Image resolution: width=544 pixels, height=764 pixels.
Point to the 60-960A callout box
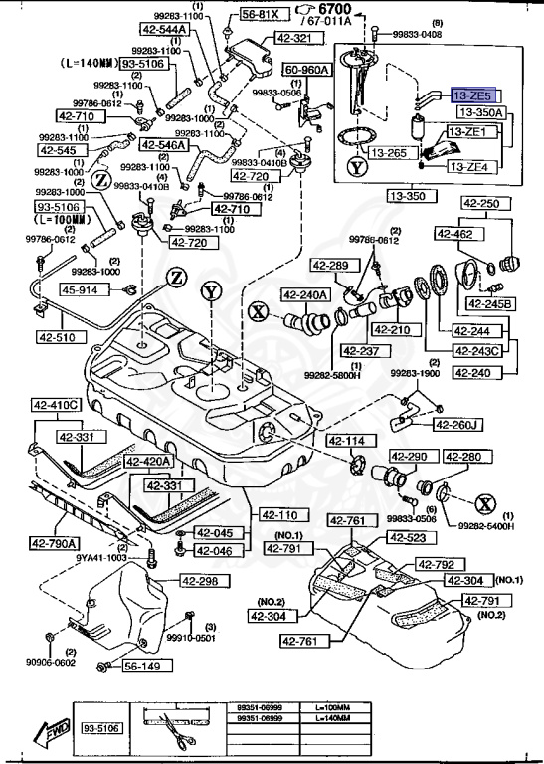point(307,71)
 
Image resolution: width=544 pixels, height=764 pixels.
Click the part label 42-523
point(407,538)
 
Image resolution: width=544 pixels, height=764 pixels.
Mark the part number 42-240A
point(303,294)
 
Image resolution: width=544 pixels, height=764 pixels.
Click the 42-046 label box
point(214,550)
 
